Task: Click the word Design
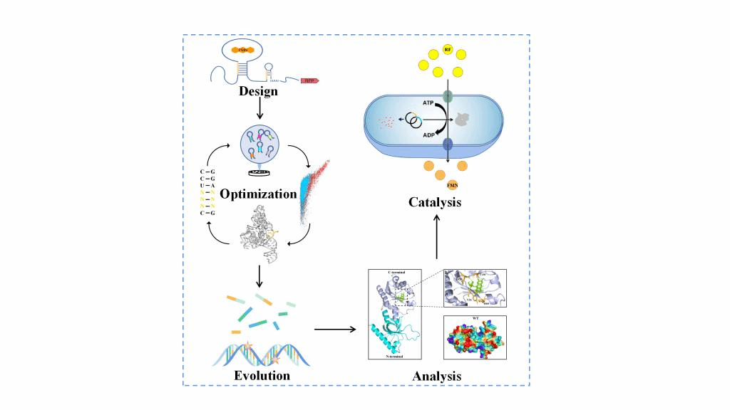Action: point(258,91)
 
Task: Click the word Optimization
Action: point(257,194)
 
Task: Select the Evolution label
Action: point(262,375)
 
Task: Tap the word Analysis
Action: point(436,376)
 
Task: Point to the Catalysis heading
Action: point(435,202)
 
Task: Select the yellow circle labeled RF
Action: point(447,49)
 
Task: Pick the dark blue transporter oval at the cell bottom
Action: point(447,144)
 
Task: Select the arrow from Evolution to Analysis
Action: point(334,329)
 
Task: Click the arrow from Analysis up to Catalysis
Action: point(437,239)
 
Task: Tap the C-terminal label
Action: point(400,273)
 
